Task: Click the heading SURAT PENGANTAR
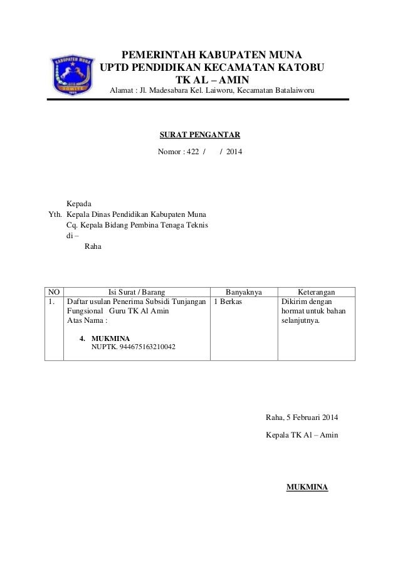(x=201, y=135)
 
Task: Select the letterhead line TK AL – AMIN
(x=212, y=80)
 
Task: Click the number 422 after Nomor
(x=189, y=152)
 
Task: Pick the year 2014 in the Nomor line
(x=235, y=152)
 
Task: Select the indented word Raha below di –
(x=92, y=247)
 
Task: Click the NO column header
(x=54, y=291)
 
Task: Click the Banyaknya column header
(x=243, y=291)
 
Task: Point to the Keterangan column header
(x=315, y=291)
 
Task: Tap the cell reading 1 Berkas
(x=229, y=302)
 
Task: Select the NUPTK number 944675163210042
(x=134, y=346)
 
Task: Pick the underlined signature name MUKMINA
(x=307, y=486)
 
